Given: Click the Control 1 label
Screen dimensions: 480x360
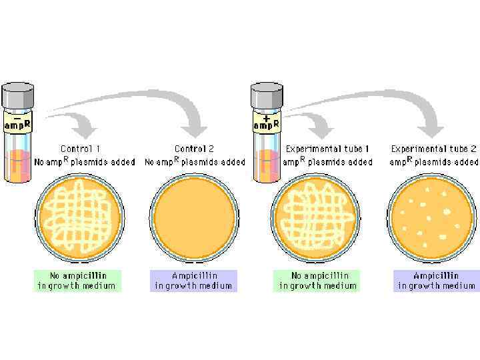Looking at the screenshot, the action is tap(81, 149).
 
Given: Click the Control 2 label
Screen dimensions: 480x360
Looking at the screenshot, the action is tap(195, 149).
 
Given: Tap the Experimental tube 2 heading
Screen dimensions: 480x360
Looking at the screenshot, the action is tap(434, 149).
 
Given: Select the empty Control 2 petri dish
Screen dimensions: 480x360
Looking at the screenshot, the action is tap(194, 217).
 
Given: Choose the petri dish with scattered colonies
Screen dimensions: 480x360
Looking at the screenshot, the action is tap(431, 217).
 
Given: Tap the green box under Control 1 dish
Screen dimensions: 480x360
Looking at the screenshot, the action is tap(77, 281).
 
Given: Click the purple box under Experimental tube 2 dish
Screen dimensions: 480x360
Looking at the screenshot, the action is tap(436, 281).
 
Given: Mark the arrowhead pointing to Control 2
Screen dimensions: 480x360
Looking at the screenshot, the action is tap(195, 128).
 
